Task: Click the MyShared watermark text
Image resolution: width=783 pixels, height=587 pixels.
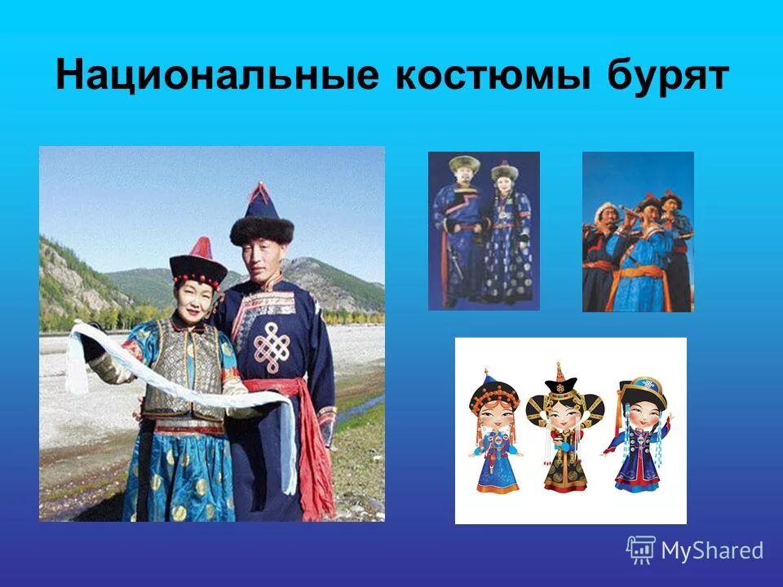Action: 712,550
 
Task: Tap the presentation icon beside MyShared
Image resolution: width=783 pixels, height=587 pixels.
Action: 640,549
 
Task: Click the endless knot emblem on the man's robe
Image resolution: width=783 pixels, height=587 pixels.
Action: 270,346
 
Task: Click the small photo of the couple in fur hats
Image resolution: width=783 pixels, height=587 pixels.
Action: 484,231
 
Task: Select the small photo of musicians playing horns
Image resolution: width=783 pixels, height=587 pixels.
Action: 638,232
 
